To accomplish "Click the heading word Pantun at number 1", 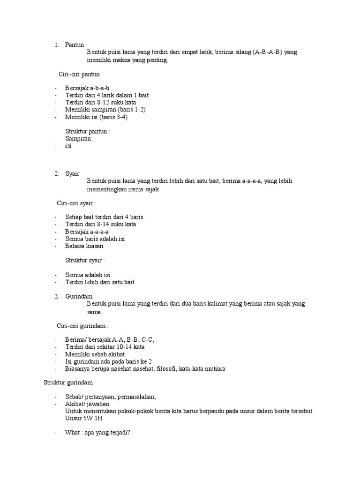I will (x=75, y=45).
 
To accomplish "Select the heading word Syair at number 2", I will (x=72, y=173).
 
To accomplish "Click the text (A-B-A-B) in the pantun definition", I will (x=268, y=52).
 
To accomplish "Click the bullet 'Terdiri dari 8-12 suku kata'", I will (x=101, y=102).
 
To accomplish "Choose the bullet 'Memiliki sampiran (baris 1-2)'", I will (x=105, y=110).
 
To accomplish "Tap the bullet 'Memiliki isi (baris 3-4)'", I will (x=97, y=117).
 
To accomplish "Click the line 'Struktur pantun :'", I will (x=88, y=131).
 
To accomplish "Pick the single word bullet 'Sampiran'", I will (x=78, y=139).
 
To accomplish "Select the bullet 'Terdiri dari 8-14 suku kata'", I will (x=101, y=224).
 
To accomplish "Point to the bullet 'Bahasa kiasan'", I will (x=84, y=246).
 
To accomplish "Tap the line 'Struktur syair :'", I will (x=85, y=260).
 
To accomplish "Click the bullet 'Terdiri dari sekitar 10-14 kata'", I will (x=105, y=347).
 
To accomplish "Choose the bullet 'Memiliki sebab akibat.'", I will (x=93, y=354).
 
